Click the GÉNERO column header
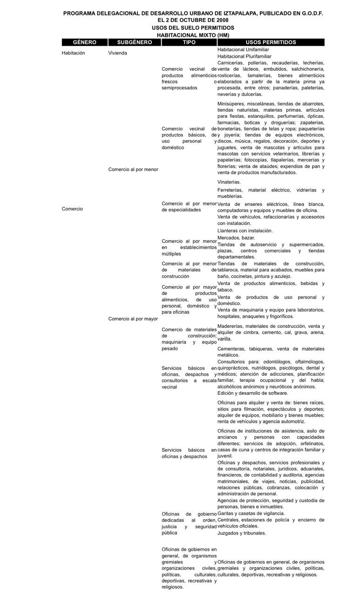pos(84,42)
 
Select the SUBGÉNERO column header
pos(134,42)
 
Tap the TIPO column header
pos(189,42)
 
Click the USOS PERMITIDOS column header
pos(271,42)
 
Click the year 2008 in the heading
pos(221,21)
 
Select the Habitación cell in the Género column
pos(73,53)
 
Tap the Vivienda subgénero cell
pos(117,53)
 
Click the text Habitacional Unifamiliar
pos(243,49)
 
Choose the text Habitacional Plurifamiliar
pos(244,56)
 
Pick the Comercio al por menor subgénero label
pos(133,169)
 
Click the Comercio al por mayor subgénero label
pos(133,319)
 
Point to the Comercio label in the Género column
pos(72,209)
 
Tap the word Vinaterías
pos(229,182)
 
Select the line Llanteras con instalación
pos(245,230)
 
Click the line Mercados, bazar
pos(236,237)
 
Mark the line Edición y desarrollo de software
pos(253,393)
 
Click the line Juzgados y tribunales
pos(242,533)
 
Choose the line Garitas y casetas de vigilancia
pos(251,514)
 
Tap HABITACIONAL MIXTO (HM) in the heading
pos(193,35)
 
